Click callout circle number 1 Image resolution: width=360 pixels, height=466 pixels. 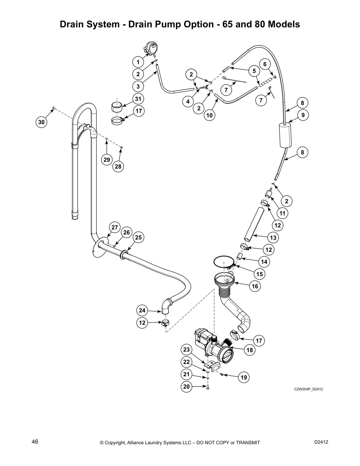tap(138, 62)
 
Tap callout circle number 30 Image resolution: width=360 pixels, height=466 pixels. tap(42, 122)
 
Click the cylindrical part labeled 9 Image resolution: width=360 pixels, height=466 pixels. tap(285, 135)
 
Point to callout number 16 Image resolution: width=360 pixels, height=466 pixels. tap(255, 286)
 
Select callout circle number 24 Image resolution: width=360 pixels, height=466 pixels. tap(142, 310)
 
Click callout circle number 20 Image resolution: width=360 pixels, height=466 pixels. tap(187, 387)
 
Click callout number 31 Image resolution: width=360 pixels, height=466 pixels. tap(138, 99)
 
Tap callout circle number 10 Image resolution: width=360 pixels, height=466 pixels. tap(209, 115)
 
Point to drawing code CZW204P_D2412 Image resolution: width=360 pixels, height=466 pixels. tap(309, 389)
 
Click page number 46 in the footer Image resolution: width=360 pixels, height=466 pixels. tap(35, 442)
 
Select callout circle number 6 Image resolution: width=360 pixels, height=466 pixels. tap(265, 64)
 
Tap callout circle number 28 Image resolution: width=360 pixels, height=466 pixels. tap(118, 167)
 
